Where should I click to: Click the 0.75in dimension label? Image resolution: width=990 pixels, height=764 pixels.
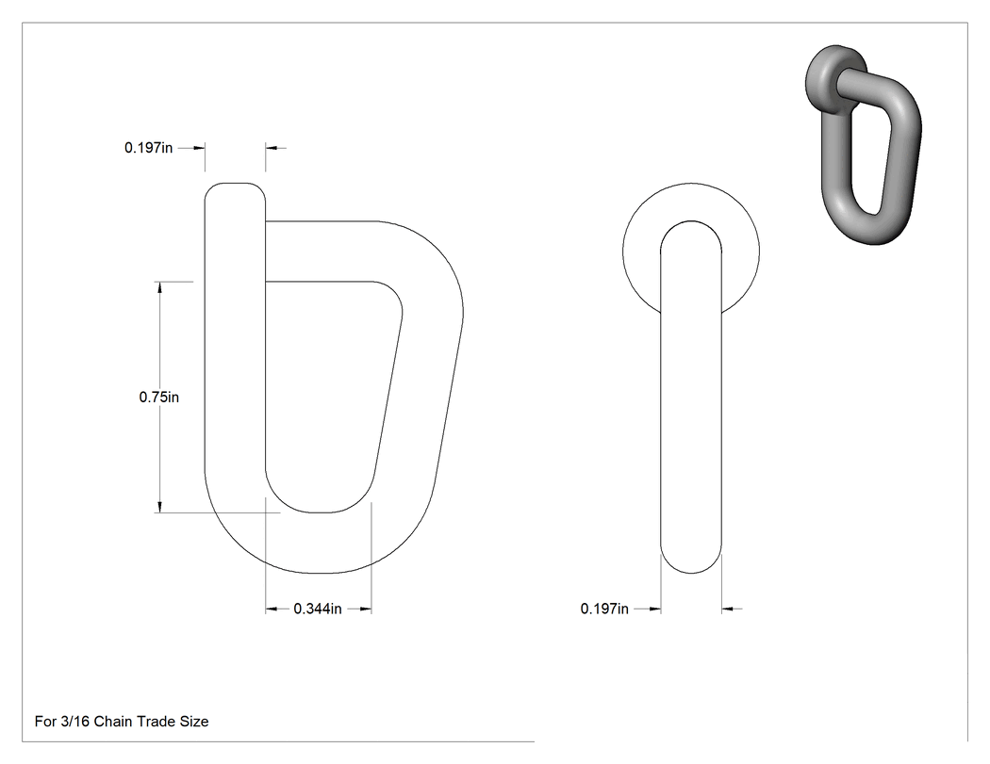(x=159, y=397)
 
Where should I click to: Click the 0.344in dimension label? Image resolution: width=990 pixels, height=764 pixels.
(x=318, y=609)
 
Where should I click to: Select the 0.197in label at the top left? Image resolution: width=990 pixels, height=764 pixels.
(x=148, y=148)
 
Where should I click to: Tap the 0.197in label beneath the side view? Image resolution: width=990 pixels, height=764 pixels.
(x=605, y=609)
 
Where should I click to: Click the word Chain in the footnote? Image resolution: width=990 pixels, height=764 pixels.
(x=112, y=721)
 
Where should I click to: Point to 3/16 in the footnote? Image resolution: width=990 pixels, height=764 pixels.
(x=75, y=721)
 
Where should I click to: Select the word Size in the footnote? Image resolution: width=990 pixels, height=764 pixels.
(x=194, y=721)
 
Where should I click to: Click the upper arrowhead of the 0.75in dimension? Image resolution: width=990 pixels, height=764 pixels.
(x=159, y=287)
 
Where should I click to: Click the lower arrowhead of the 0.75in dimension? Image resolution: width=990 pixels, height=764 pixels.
(x=159, y=507)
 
